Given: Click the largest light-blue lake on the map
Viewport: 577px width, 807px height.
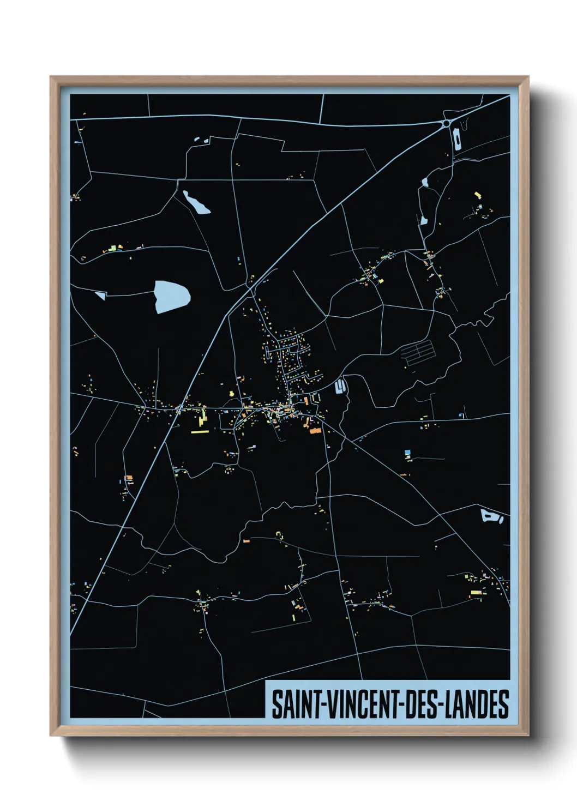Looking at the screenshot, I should (171, 297).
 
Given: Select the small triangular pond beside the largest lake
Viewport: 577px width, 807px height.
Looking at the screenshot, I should (100, 295).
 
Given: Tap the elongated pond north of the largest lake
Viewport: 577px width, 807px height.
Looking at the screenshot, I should (196, 202).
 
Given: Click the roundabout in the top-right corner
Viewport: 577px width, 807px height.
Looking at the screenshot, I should (447, 124).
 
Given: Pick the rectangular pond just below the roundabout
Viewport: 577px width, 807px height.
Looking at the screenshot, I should (457, 140).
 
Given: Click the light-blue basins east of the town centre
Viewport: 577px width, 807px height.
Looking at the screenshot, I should (339, 387).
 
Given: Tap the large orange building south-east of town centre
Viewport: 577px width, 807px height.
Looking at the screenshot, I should (315, 431).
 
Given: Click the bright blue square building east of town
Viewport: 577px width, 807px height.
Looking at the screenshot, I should (408, 453).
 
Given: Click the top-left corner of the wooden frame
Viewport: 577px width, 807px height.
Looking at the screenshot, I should (51, 77).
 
